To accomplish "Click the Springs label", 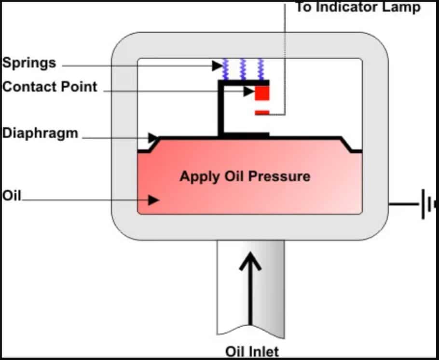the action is pyautogui.click(x=29, y=63).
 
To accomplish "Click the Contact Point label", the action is pyautogui.click(x=50, y=87).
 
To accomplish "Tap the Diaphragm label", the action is pyautogui.click(x=40, y=133).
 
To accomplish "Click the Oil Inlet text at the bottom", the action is pyautogui.click(x=252, y=351).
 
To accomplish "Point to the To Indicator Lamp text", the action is pyautogui.click(x=357, y=7).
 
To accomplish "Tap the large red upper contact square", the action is pyautogui.click(x=262, y=93).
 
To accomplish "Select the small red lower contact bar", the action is pyautogui.click(x=262, y=113).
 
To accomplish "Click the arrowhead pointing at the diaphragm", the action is pyautogui.click(x=153, y=138).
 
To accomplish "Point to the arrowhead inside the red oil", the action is pyautogui.click(x=153, y=200).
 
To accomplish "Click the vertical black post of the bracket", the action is pyautogui.click(x=221, y=110).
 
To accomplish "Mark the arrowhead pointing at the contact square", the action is pyautogui.click(x=249, y=91).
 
